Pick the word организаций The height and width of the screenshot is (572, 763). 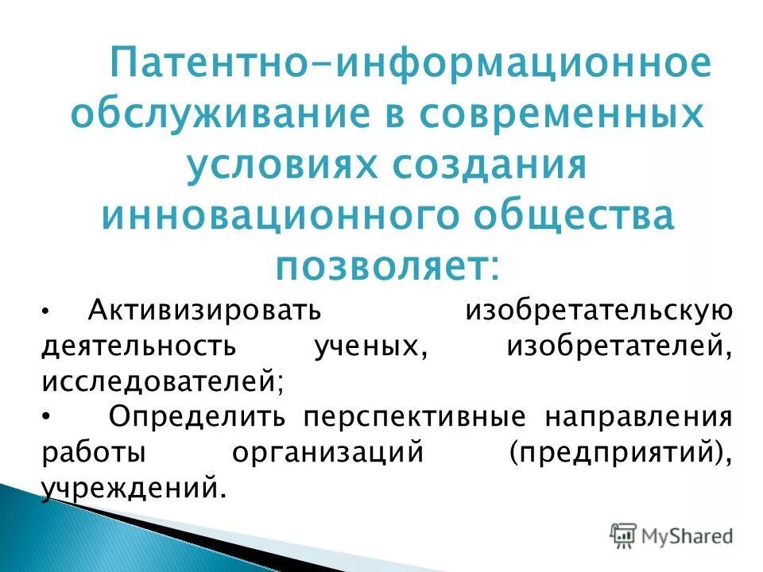pos(326,453)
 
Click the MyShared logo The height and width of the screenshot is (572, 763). pos(672,535)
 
